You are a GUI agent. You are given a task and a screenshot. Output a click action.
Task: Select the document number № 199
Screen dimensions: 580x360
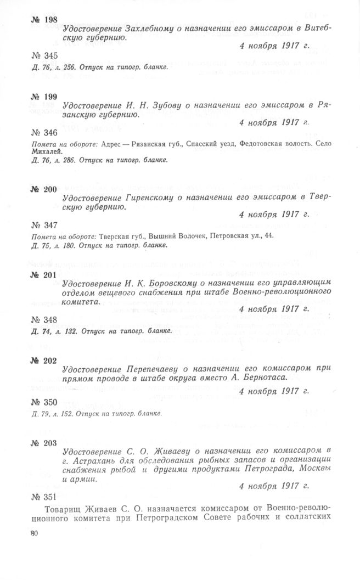point(44,96)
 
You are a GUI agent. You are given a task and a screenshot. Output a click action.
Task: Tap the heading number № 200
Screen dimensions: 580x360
point(44,189)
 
